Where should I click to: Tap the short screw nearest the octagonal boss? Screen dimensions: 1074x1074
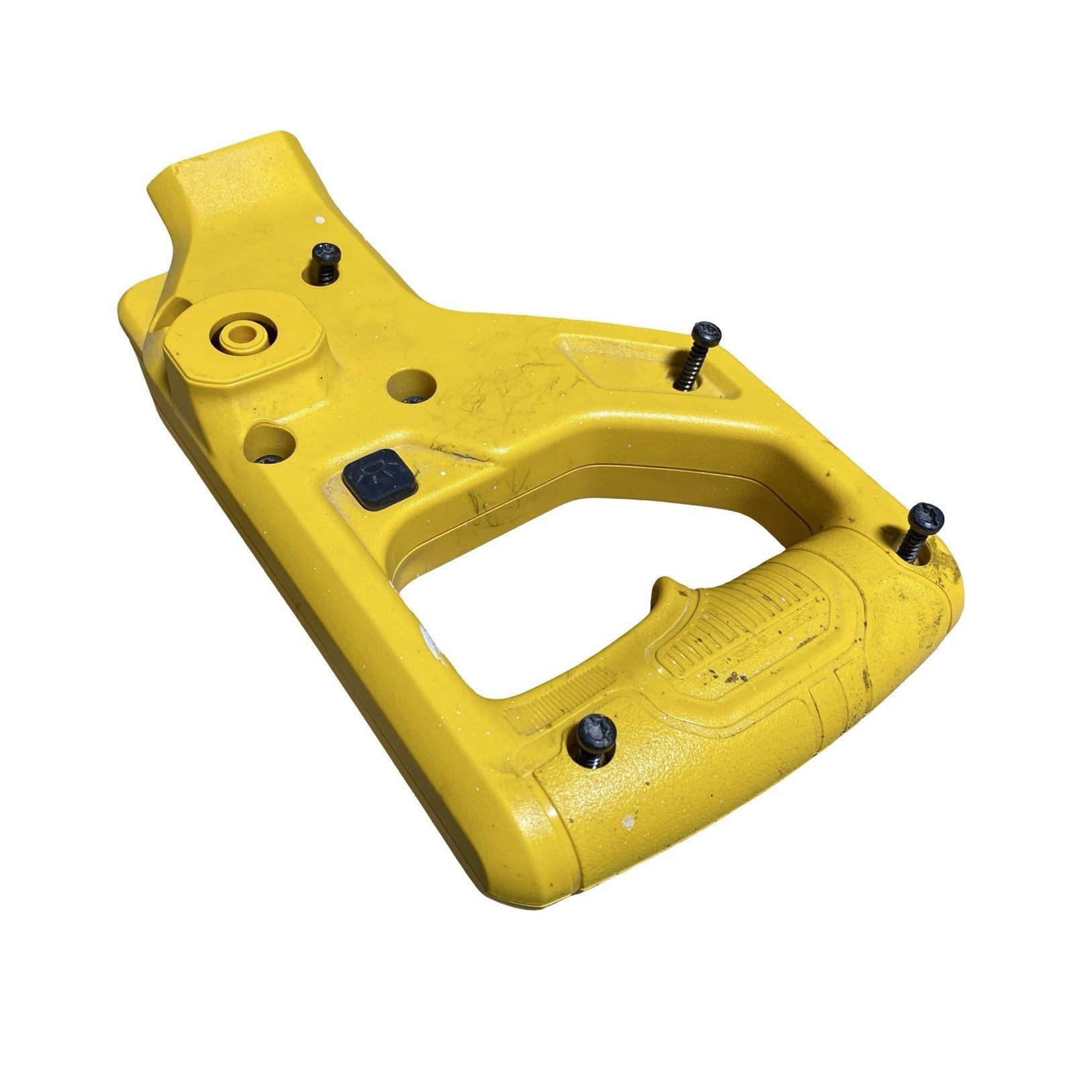[328, 252]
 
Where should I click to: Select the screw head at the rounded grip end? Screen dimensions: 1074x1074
[927, 517]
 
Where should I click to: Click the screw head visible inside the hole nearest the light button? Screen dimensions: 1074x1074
[271, 459]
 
